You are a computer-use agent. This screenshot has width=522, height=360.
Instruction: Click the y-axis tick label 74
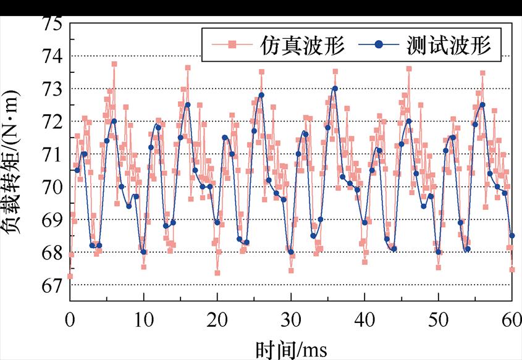coord(52,56)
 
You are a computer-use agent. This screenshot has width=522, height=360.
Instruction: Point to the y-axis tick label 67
coord(52,285)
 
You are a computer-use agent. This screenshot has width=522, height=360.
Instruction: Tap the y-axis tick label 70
coord(52,187)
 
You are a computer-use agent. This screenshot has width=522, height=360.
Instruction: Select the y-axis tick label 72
coord(52,122)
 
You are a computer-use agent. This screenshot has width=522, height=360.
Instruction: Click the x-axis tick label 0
coord(70,320)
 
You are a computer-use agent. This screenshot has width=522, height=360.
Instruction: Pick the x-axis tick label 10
coord(144,320)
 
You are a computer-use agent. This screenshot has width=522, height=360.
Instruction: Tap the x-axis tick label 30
coord(291,320)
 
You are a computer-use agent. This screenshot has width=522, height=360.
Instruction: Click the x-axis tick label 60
coord(512,320)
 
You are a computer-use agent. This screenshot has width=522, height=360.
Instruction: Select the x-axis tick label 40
coord(364,320)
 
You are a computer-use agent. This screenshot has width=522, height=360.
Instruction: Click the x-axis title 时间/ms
coord(291,349)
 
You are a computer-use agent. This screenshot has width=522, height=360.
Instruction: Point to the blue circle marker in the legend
coord(379,45)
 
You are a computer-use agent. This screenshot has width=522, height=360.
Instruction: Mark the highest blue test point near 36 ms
coord(335,88)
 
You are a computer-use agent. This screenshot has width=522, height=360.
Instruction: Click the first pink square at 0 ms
coord(70,276)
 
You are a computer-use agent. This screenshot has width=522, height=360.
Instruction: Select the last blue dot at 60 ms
coord(512,236)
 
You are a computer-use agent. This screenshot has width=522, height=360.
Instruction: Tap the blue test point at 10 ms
coord(143,252)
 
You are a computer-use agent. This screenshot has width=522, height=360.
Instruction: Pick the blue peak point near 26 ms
coord(261,95)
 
